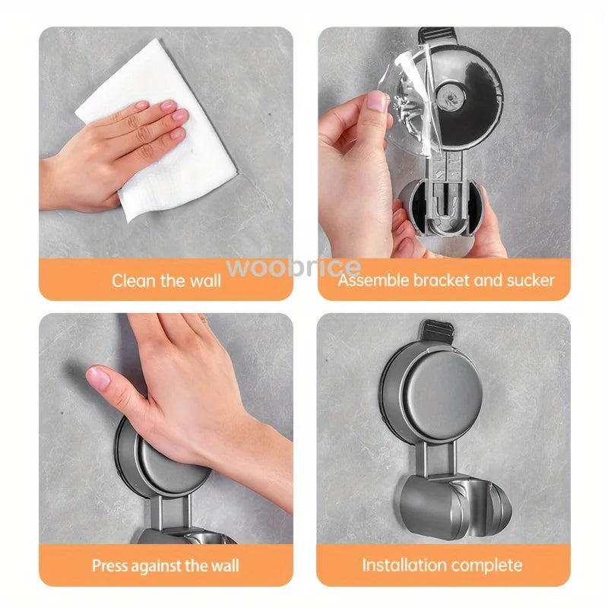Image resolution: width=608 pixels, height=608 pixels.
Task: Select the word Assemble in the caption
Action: pos(373,280)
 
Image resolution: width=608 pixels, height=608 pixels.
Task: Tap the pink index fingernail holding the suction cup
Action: pos(378,101)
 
